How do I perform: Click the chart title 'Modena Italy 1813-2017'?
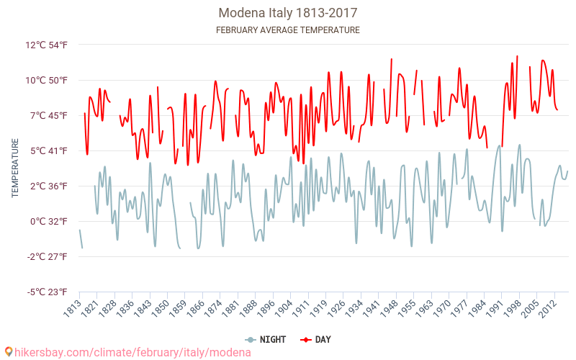pos(288,13)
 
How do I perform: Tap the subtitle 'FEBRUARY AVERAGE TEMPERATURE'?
pos(288,30)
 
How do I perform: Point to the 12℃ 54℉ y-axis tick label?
pos(47,45)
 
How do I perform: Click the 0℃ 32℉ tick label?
pos(49,221)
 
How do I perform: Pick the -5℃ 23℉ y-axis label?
pos(48,292)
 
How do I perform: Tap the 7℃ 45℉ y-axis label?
pos(49,115)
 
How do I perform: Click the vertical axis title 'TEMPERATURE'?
pos(15,168)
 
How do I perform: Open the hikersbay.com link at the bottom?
pos(133,352)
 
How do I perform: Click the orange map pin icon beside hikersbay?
pos(8,352)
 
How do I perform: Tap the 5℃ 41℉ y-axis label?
pos(49,150)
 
